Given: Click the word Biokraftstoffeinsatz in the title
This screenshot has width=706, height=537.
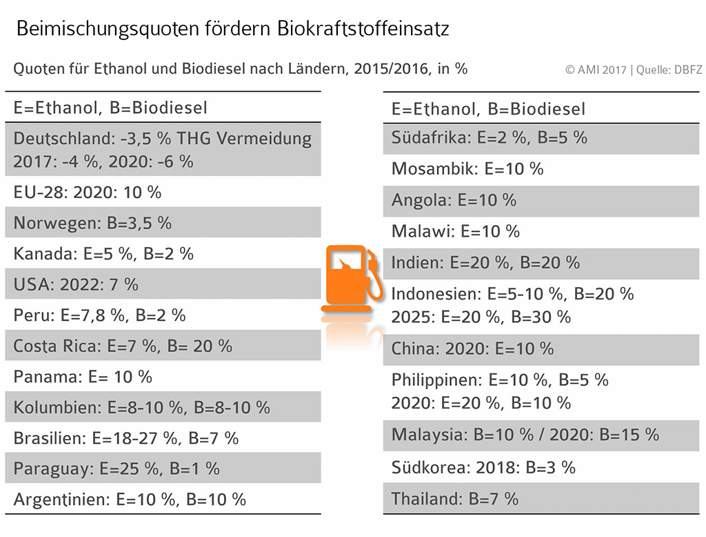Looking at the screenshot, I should pos(363,28).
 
